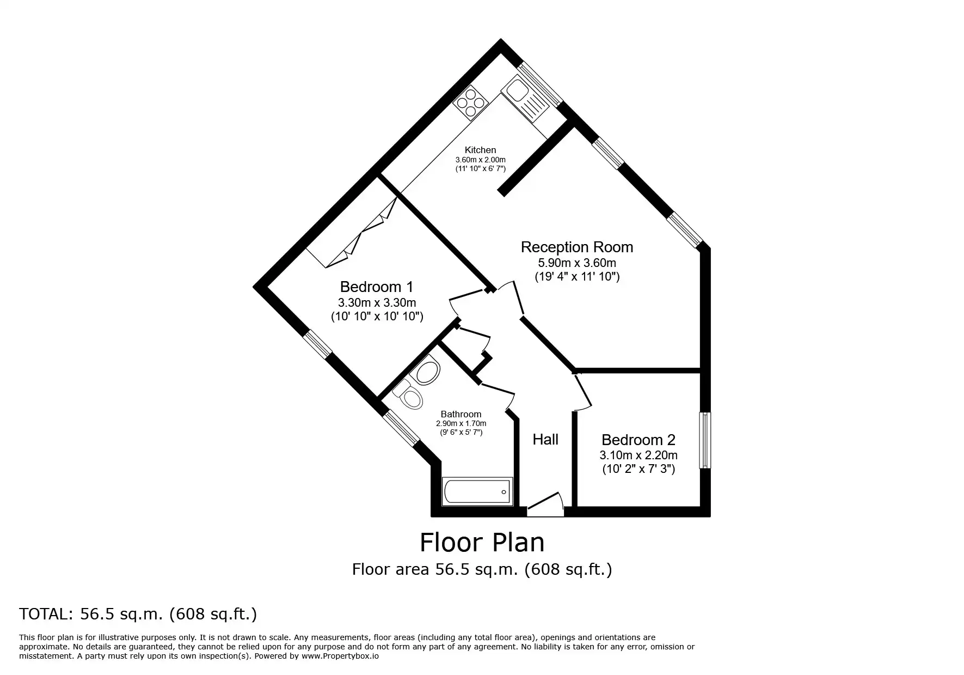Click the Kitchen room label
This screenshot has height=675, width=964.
click(480, 150)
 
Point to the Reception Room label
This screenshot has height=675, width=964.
click(577, 247)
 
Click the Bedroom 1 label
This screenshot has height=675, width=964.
click(377, 287)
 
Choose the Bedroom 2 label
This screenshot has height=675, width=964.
click(638, 440)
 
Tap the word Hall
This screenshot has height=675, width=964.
click(545, 440)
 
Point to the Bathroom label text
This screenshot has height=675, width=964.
click(461, 414)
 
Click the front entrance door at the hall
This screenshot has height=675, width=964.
click(545, 504)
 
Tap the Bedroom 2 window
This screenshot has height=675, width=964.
click(705, 440)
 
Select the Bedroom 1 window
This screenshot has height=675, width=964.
click(317, 345)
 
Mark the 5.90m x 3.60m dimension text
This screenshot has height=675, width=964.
click(577, 263)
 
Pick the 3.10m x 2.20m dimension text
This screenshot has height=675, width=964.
click(638, 455)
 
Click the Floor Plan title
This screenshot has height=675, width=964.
click(482, 542)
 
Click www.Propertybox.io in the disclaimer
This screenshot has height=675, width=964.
click(340, 656)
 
